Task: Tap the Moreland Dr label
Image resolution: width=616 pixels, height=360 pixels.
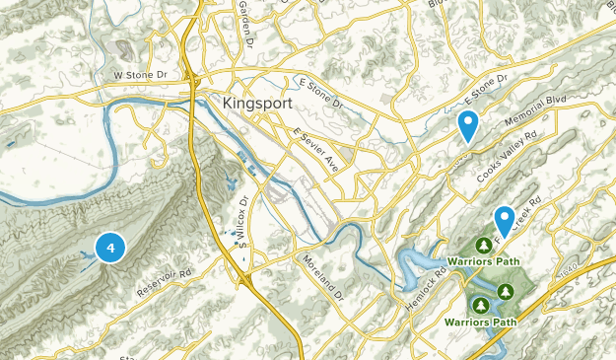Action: (x=322, y=276)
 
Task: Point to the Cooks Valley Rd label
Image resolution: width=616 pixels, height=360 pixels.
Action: (x=507, y=157)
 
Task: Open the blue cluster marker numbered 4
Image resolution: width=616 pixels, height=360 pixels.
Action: (x=110, y=248)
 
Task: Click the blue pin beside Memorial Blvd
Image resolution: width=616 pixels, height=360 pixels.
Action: (x=468, y=125)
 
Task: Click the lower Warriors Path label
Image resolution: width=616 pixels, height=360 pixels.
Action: (x=482, y=322)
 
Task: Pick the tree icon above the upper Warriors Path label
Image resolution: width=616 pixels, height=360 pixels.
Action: (x=484, y=244)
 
